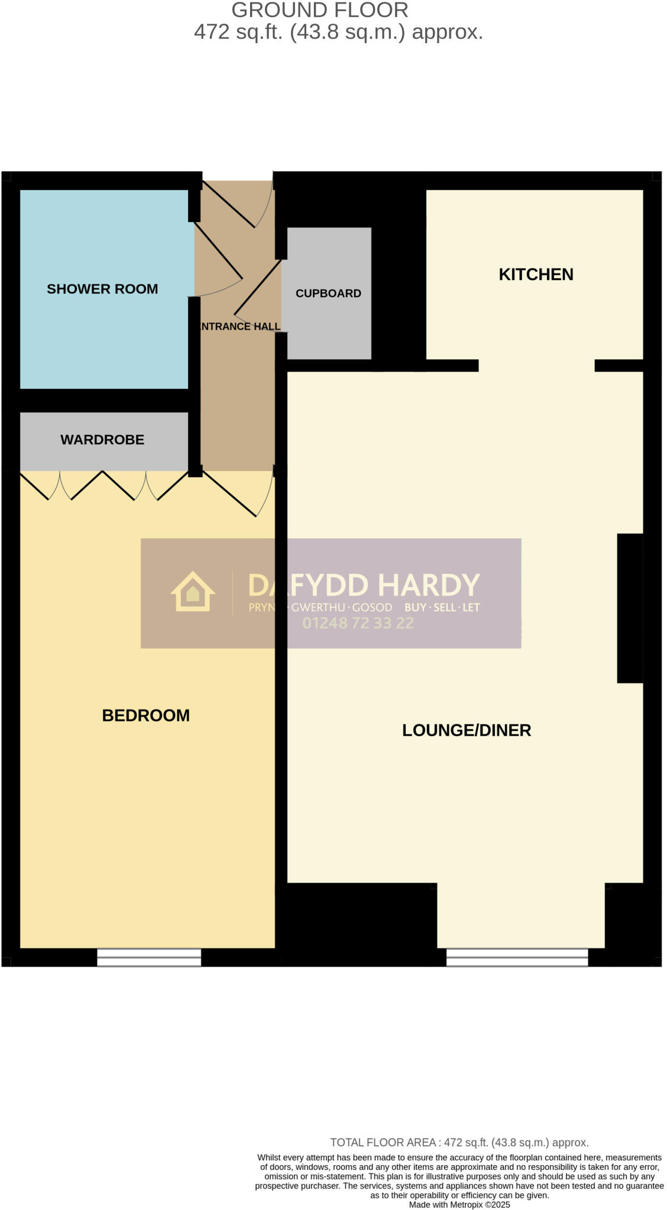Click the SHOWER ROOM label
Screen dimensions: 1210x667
click(x=102, y=289)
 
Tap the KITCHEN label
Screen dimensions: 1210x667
click(x=536, y=274)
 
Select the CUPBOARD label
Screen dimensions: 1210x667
click(x=328, y=293)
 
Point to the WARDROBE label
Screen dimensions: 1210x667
click(x=102, y=440)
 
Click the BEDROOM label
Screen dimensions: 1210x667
click(x=145, y=715)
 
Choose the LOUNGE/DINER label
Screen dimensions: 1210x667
click(x=467, y=730)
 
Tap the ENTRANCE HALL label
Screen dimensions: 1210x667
click(x=240, y=326)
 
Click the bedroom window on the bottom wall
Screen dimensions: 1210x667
click(x=149, y=957)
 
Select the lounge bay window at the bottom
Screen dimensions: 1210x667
click(x=517, y=957)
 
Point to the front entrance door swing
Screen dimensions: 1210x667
click(x=237, y=204)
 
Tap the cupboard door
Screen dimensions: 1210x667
click(x=258, y=288)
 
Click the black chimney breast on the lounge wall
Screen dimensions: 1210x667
click(x=630, y=608)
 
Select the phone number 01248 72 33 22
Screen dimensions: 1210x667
click(x=358, y=623)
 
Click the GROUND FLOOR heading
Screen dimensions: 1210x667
click(x=319, y=10)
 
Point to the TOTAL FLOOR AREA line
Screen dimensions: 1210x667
click(x=459, y=1143)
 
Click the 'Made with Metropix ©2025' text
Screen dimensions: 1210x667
click(x=459, y=1205)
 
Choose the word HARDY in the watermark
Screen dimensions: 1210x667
click(x=429, y=585)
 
